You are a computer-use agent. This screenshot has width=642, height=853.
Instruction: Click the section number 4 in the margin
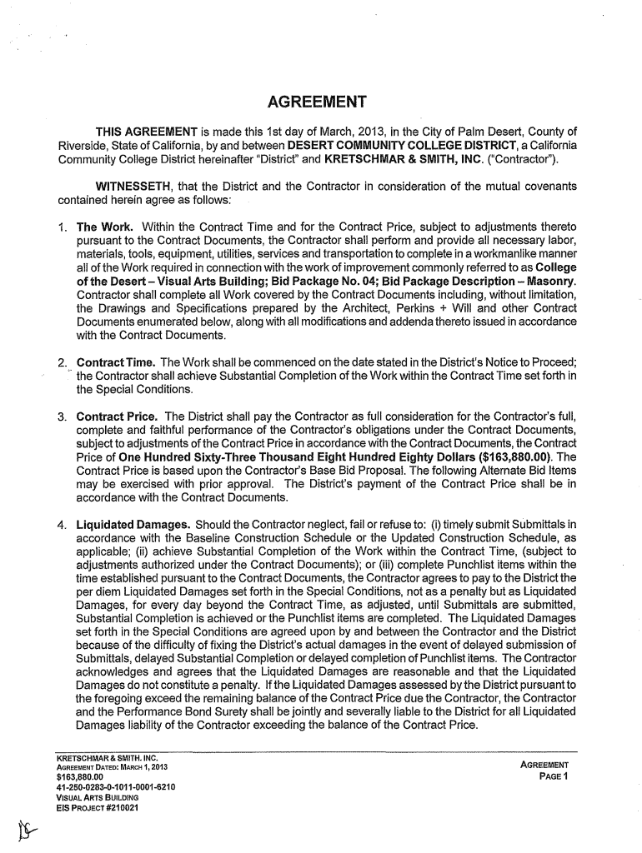point(61,526)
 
